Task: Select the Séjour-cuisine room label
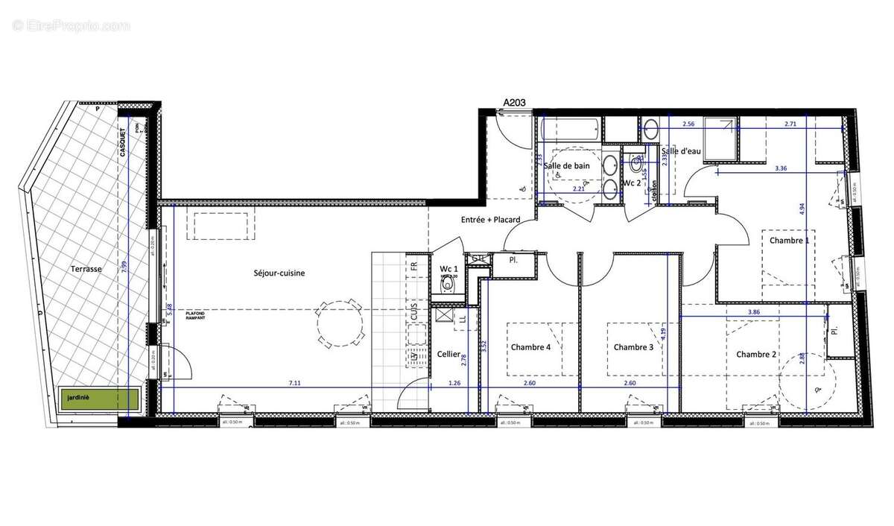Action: coord(279,273)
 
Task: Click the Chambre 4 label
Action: coord(531,347)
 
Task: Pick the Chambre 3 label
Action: coord(633,347)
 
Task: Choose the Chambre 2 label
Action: coord(757,355)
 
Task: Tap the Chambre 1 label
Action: coord(789,241)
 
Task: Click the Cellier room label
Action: coord(448,355)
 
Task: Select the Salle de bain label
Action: coord(568,166)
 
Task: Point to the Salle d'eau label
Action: coord(681,152)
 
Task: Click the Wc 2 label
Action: coord(632,183)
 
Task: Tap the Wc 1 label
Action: coord(448,268)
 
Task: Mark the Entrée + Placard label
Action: coord(490,220)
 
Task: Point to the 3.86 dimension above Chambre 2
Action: coord(753,312)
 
